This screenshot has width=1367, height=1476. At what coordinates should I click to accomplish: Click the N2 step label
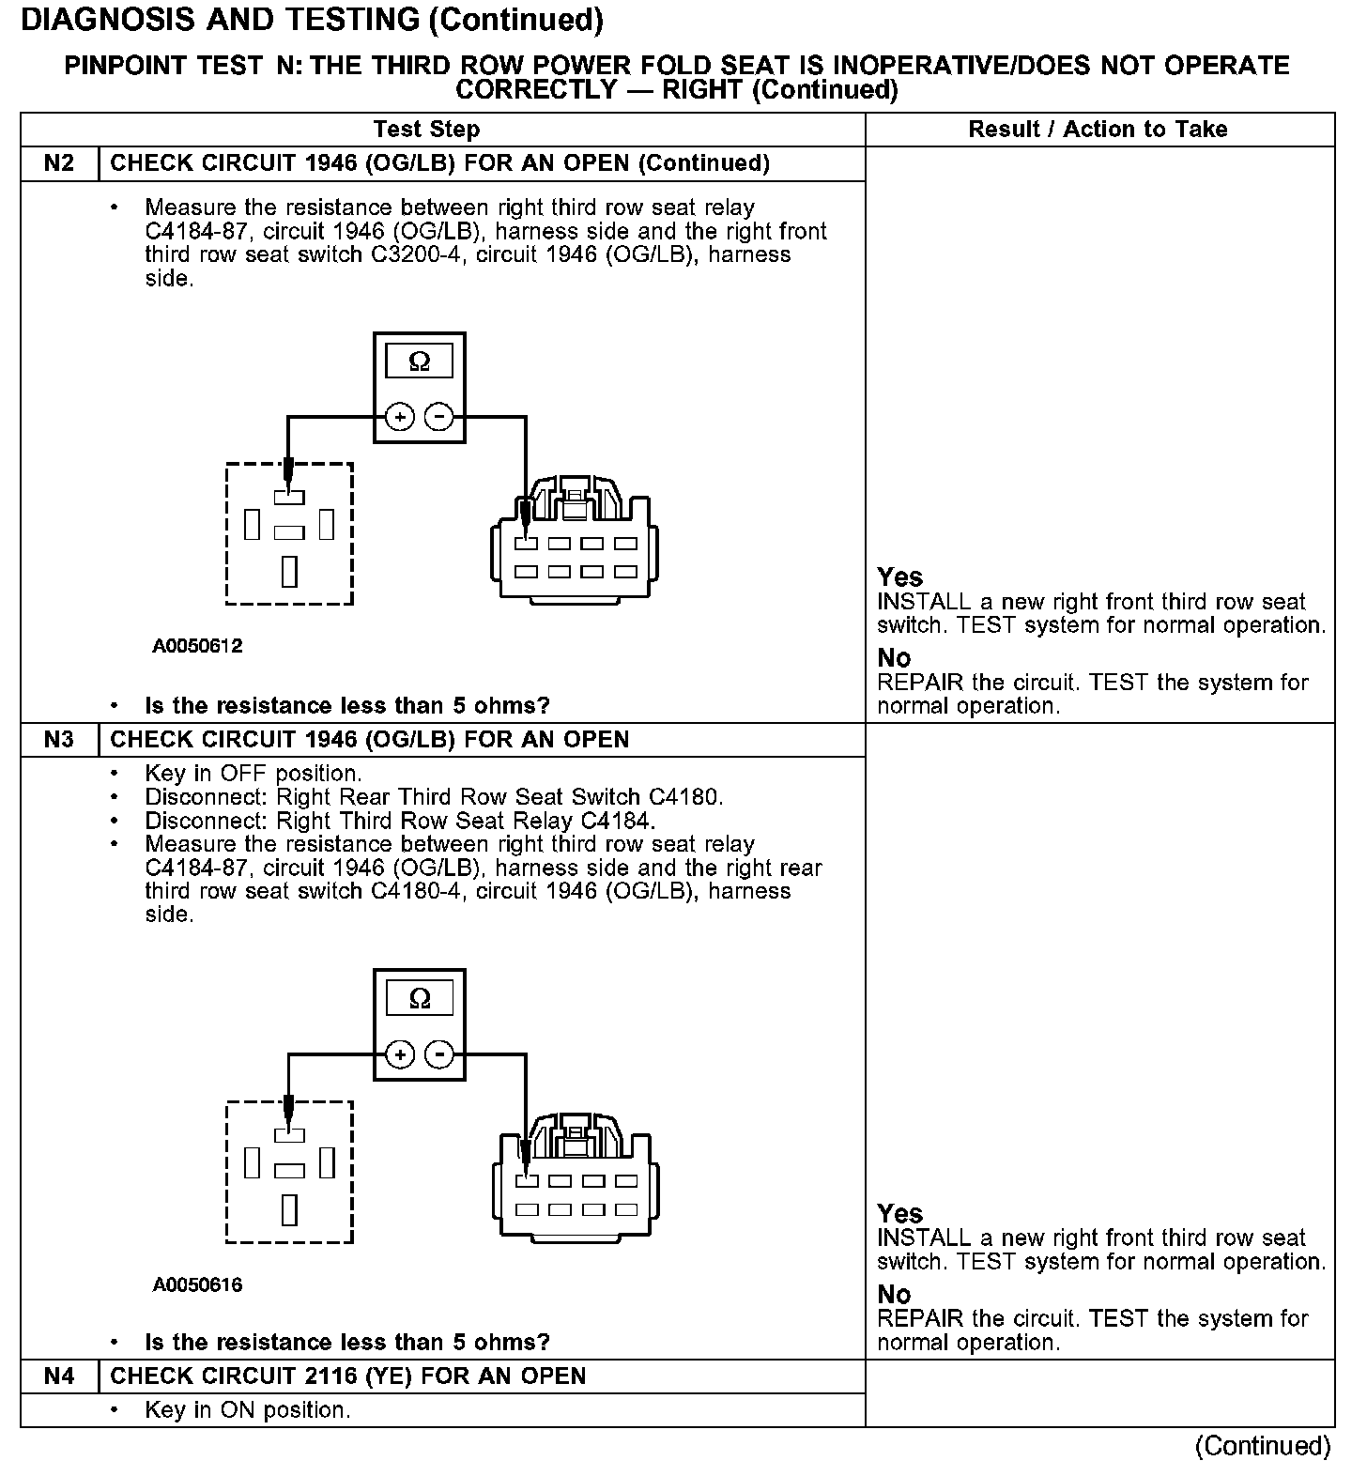[x=58, y=163]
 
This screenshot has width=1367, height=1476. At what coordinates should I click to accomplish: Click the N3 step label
[x=58, y=740]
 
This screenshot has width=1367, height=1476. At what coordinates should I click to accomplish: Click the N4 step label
[x=58, y=1376]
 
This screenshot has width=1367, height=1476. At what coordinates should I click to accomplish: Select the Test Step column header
[x=426, y=130]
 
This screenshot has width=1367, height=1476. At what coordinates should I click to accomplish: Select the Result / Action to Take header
[x=1098, y=130]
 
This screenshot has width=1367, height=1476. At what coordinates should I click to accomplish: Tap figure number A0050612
[x=197, y=646]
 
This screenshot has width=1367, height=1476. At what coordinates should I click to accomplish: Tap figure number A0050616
[x=197, y=1284]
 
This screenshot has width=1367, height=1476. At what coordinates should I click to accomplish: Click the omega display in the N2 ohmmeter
[x=419, y=361]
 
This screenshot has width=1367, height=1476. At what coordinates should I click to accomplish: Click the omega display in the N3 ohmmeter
[x=419, y=998]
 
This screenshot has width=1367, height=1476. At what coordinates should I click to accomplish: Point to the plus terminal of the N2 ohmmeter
[x=400, y=417]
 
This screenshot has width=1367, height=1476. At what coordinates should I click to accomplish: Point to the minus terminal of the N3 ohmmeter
[x=438, y=1054]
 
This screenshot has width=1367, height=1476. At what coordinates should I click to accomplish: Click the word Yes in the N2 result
[x=899, y=577]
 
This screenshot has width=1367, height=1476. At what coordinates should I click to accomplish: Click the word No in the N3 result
[x=894, y=1295]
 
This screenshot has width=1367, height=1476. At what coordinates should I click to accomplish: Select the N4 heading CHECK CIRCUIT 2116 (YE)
[x=347, y=1376]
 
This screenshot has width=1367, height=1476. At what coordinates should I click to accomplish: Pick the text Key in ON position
[x=248, y=1410]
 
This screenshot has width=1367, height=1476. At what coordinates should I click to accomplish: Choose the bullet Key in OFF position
[x=253, y=774]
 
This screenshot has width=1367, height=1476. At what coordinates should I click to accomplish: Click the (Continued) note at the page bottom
[x=1263, y=1446]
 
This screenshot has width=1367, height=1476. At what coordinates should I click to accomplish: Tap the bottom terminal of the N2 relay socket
[x=289, y=571]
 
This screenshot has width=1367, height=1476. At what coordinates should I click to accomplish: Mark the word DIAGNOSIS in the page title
[x=103, y=20]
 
